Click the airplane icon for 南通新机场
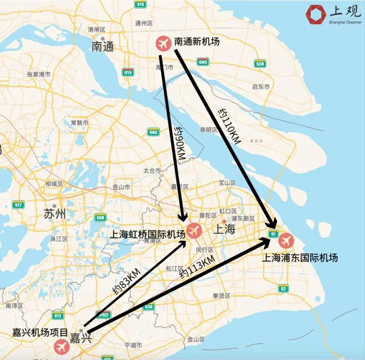[x=163, y=43]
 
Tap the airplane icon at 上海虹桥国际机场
[x=194, y=230]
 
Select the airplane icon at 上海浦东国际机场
[x=287, y=240]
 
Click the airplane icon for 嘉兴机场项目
[x=62, y=347]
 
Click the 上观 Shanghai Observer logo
[x=333, y=15]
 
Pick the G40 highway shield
[x=203, y=62]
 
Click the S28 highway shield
[x=260, y=64]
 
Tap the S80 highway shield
[x=153, y=133]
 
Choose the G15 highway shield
[x=128, y=72]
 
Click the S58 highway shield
[x=100, y=218]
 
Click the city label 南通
[x=103, y=46]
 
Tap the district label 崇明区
[x=209, y=130]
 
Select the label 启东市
[x=261, y=87]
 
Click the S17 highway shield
[x=18, y=205]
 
